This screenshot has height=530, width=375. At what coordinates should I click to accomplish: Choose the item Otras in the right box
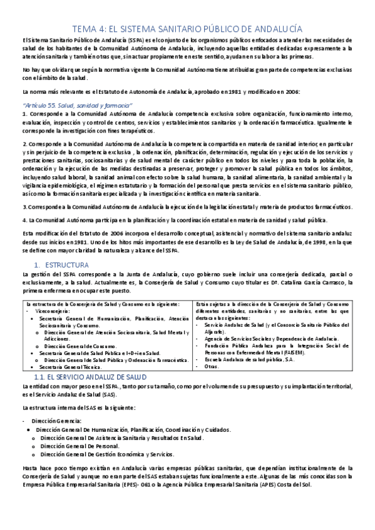point(212,366)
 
